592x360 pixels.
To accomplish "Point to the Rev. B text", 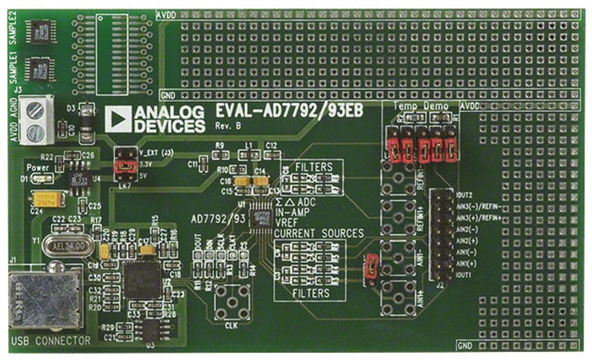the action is [228, 126].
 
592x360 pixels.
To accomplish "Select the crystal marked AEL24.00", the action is [67, 245].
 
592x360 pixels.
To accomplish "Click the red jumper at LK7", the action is [123, 167].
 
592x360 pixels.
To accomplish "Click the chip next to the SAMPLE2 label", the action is [40, 31].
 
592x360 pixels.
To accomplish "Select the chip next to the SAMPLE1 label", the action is [40, 69].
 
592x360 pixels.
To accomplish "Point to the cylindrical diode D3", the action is [87, 120].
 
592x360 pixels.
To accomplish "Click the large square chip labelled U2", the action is [142, 280].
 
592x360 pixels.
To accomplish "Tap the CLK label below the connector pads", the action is [231, 326].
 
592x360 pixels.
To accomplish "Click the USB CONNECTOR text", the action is [51, 341].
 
